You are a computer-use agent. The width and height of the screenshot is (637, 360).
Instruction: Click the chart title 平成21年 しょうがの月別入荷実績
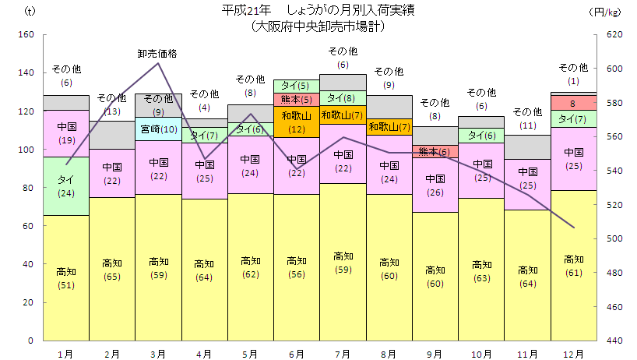[318, 11]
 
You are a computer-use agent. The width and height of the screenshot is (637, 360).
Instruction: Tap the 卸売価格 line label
[157, 54]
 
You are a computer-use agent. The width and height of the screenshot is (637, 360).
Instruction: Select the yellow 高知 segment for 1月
[66, 277]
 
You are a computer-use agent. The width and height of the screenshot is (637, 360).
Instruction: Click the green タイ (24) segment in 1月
[66, 185]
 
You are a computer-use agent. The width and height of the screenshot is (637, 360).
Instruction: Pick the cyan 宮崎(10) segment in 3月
[158, 129]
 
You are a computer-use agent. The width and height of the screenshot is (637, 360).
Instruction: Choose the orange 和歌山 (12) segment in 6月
[296, 122]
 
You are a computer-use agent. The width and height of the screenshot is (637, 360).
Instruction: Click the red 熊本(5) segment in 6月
[296, 99]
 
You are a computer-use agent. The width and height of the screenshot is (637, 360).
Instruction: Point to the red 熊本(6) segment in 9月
[434, 151]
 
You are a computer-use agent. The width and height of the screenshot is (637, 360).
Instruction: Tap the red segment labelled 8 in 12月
[573, 103]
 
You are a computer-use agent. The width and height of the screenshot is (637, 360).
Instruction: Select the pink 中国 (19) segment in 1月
[66, 133]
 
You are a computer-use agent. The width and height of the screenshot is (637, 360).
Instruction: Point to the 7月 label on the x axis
[342, 354]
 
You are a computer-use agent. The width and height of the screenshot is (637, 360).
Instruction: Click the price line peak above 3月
[158, 63]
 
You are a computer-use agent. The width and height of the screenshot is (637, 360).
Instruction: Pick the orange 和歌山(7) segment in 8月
[388, 127]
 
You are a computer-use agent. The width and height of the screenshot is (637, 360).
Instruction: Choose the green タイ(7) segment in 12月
[573, 118]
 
